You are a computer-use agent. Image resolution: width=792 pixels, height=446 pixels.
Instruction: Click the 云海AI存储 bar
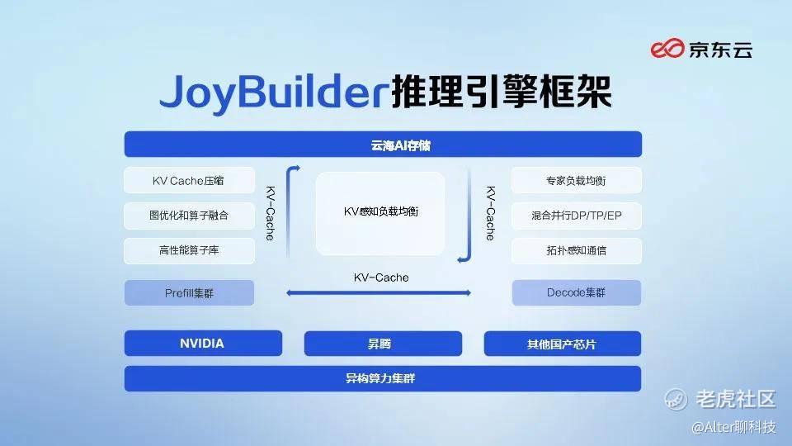pos(383,145)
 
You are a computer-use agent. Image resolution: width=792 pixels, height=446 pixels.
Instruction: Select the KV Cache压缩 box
pos(189,181)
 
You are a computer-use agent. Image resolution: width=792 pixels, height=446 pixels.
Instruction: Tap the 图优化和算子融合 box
pos(189,216)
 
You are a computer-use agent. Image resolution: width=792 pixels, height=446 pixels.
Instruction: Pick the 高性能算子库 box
pos(189,250)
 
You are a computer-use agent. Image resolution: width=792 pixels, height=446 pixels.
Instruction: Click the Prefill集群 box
pos(189,292)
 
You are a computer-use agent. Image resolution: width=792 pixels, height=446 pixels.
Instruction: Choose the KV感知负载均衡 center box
pos(380,213)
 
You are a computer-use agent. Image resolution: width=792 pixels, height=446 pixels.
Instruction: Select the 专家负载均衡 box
pos(577,181)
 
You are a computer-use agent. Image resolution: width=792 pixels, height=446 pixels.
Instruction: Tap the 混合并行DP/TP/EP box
pos(577,216)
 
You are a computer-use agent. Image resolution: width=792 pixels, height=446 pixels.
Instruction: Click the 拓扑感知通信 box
pos(577,250)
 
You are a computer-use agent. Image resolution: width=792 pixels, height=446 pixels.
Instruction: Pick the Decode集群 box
pos(577,292)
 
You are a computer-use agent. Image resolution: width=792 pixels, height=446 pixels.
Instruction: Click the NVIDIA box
pos(203,344)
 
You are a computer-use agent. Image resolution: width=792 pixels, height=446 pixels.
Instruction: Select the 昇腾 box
pos(383,344)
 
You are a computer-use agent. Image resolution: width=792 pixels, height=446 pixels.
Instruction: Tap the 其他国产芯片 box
pos(562,344)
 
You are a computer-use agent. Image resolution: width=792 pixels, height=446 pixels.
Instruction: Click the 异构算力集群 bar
pos(382,378)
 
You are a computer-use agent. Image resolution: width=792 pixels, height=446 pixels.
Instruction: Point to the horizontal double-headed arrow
pos(379,292)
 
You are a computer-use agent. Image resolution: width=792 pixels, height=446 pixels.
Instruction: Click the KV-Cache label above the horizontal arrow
pos(381,278)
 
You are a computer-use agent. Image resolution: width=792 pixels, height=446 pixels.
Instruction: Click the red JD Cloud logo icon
pos(667,49)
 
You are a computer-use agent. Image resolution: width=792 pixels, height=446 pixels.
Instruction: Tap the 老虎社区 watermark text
pos(735,399)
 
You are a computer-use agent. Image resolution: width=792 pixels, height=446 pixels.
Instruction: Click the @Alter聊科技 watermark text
pos(733,427)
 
